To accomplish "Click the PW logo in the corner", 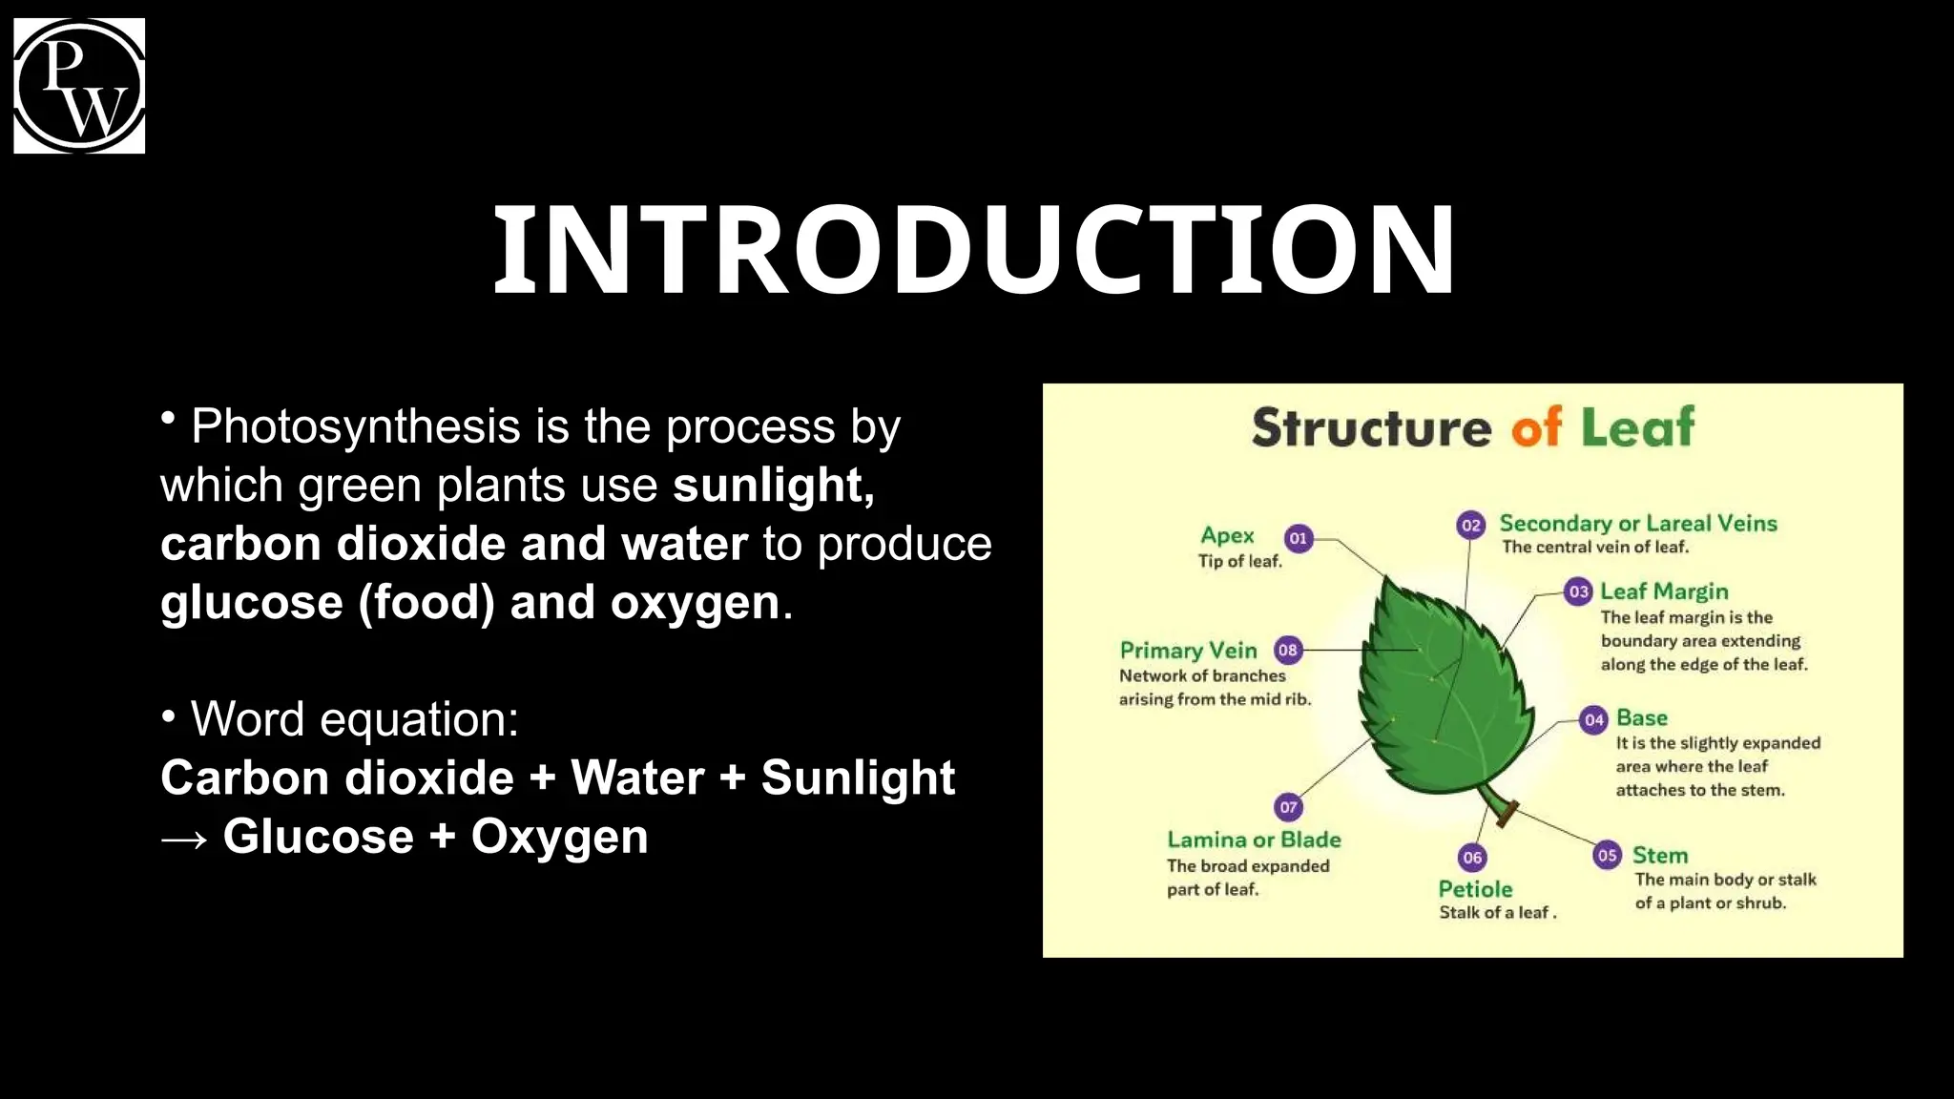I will tap(79, 86).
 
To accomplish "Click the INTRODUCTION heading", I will tap(973, 250).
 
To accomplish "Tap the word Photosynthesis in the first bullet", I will tap(355, 426).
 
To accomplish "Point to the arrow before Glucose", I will tap(184, 839).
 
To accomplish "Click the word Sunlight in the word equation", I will tap(858, 778).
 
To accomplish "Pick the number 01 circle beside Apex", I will tap(1298, 538).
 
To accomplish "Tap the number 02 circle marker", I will tap(1471, 525).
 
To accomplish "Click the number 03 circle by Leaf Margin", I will tap(1579, 591).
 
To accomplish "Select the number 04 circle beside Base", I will tap(1594, 719).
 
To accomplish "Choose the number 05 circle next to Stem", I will tap(1608, 855).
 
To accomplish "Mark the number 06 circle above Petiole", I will tap(1472, 857).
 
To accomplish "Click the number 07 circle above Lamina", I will tap(1288, 807).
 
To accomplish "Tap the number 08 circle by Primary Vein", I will tap(1288, 651).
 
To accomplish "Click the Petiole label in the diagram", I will tap(1475, 889).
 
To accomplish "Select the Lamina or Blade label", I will tap(1254, 840).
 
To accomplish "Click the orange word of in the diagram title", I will tap(1536, 427).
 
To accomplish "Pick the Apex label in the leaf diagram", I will tap(1227, 536).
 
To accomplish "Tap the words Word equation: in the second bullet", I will tap(354, 719).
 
